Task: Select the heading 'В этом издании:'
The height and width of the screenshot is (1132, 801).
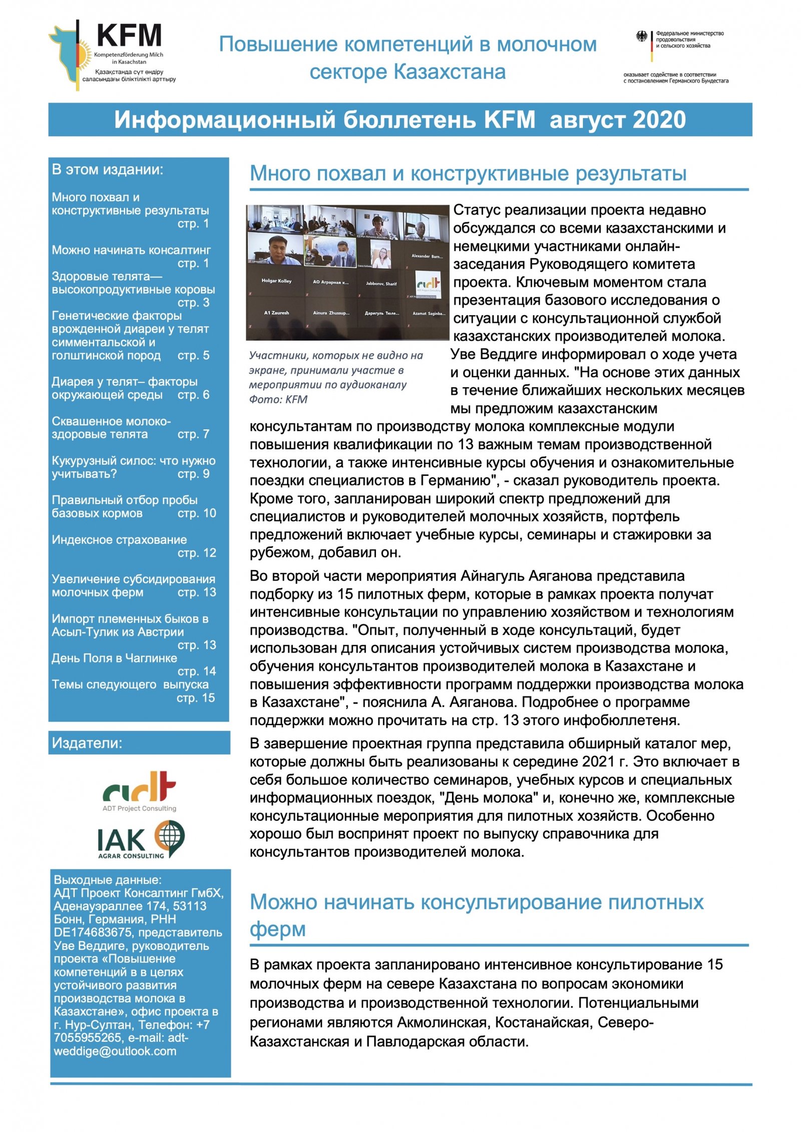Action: click(x=108, y=170)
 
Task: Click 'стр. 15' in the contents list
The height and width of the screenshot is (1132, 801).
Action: click(x=196, y=698)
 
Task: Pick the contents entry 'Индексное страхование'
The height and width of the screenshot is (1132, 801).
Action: click(x=119, y=539)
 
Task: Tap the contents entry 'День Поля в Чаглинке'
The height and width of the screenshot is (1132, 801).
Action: click(x=114, y=658)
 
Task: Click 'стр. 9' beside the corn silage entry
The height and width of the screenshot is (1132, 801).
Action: click(x=193, y=473)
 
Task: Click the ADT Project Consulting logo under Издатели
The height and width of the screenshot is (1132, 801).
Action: click(x=139, y=790)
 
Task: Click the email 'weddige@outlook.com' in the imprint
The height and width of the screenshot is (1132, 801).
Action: click(x=115, y=1051)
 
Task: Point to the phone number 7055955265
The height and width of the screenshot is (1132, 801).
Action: click(x=88, y=1038)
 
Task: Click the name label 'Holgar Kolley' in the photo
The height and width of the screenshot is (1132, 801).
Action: click(x=276, y=281)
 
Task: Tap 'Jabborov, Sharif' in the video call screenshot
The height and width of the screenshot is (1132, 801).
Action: click(x=381, y=284)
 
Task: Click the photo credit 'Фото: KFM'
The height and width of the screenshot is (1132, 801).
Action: click(x=278, y=399)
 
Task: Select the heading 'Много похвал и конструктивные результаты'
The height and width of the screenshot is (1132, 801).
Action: click(x=468, y=174)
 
